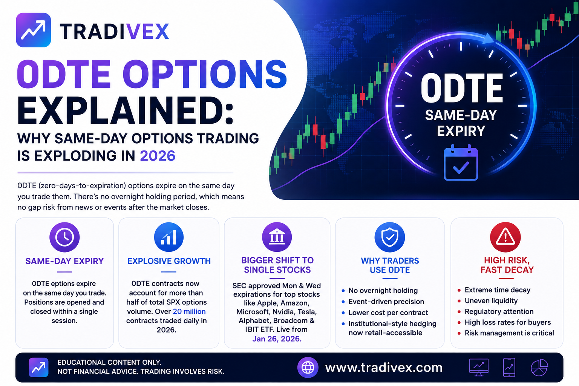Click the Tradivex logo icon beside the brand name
(33, 30)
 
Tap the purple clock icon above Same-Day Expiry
(64, 237)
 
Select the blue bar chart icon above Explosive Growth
(169, 237)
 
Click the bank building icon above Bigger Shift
(277, 237)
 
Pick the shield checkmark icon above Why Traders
(390, 237)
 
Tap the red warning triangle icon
(505, 237)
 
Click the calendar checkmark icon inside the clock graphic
(461, 162)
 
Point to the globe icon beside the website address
(308, 368)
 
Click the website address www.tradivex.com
(384, 368)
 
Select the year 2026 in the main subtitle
(158, 156)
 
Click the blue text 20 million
(189, 311)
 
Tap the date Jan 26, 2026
(277, 339)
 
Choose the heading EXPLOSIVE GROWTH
(169, 261)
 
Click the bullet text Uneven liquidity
(491, 301)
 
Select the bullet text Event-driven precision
(386, 302)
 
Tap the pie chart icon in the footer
(539, 368)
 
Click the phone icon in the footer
(509, 368)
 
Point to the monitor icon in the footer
(479, 368)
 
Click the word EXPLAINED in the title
(125, 111)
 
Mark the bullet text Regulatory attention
(499, 311)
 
